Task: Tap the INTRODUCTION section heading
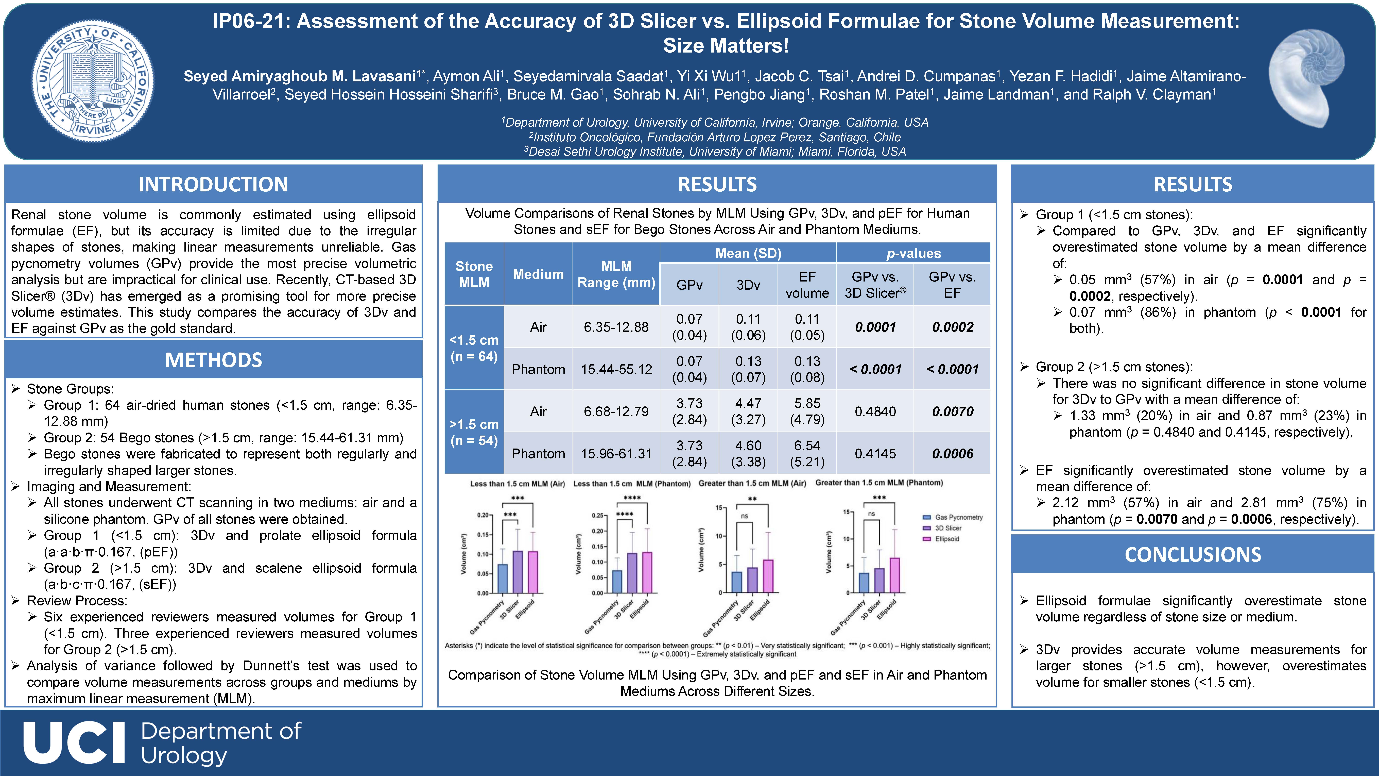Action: tap(213, 184)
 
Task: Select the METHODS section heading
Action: tap(213, 360)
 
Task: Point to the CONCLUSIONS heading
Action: tap(1193, 554)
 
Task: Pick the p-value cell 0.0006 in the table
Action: tap(952, 454)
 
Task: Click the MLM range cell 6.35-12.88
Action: tap(616, 327)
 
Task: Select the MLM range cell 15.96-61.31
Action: tap(616, 454)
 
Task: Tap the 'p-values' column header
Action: tap(913, 253)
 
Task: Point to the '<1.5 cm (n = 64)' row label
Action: tap(474, 348)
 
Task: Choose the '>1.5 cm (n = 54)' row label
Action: tap(474, 432)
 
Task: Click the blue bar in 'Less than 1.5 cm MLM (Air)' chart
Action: tap(503, 579)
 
